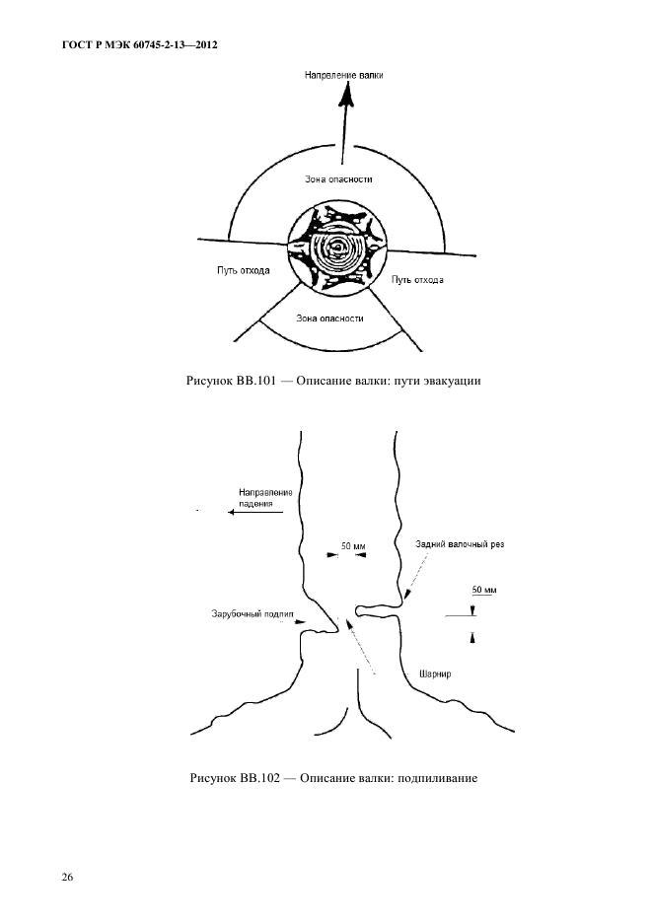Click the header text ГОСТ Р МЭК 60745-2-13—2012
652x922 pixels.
tap(139, 44)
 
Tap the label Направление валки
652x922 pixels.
tap(344, 75)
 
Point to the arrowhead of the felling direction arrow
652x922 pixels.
tap(348, 94)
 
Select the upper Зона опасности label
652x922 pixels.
tap(338, 179)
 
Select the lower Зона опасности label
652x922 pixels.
tap(329, 319)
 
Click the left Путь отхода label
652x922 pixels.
tap(244, 270)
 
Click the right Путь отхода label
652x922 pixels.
tap(417, 280)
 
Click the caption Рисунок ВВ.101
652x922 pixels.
tap(231, 381)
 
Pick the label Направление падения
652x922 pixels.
tap(265, 498)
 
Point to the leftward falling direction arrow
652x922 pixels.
tap(256, 513)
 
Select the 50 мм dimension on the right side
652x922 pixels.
tap(484, 590)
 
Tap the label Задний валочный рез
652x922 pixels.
tap(460, 544)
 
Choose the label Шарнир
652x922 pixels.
tap(435, 674)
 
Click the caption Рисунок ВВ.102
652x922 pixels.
tap(235, 779)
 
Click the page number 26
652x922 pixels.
tap(68, 878)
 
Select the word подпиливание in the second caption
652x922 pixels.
tap(437, 779)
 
